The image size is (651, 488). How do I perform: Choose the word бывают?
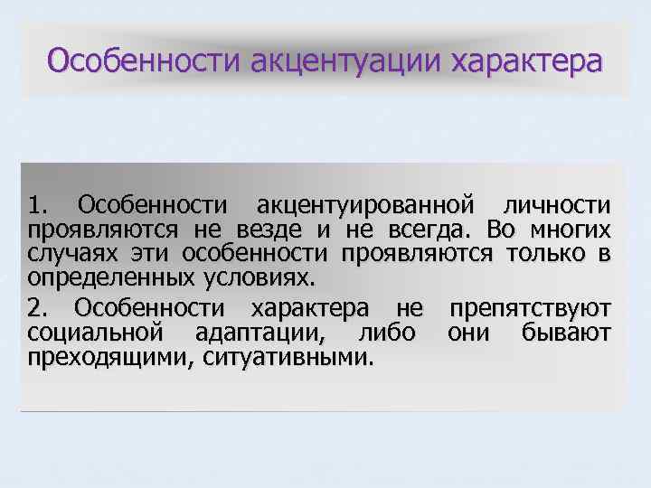[x=567, y=332]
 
